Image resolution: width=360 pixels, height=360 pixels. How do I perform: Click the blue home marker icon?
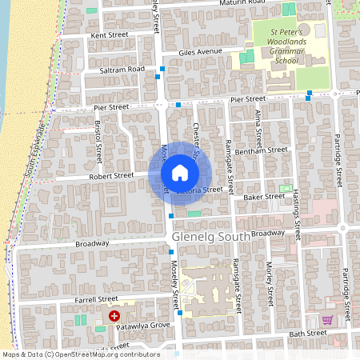pyautogui.click(x=179, y=173)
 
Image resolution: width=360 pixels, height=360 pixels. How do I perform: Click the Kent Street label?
pyautogui.click(x=110, y=35)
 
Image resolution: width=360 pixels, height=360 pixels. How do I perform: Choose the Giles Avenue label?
pyautogui.click(x=199, y=52)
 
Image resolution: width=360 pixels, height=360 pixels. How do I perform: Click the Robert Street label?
pyautogui.click(x=110, y=174)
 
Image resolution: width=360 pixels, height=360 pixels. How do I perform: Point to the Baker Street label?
pyautogui.click(x=264, y=196)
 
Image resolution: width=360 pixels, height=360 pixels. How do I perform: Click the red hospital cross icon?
pyautogui.click(x=114, y=317)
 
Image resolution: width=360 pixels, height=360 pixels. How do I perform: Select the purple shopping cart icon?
pyautogui.click(x=326, y=320)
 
